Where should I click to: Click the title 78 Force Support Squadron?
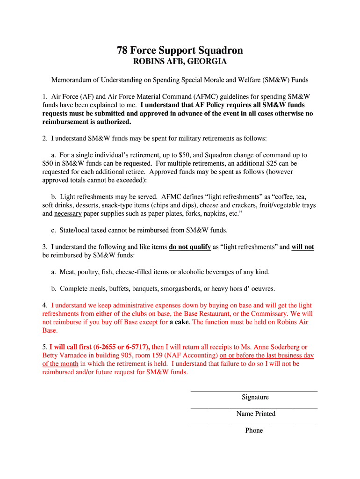[180, 51]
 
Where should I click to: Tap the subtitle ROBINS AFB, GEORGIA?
[180, 62]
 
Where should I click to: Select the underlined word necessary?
[68, 213]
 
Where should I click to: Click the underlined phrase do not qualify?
[190, 247]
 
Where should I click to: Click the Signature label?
[255, 397]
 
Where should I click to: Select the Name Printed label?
[255, 414]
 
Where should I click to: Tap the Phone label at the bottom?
[254, 430]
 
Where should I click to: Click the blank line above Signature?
[254, 391]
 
